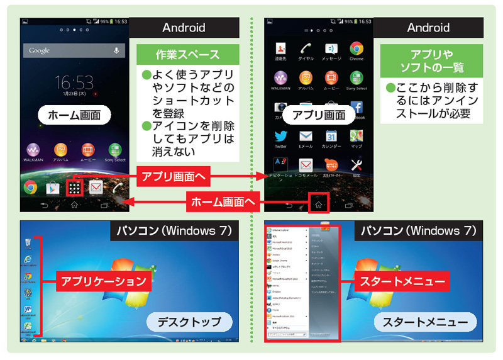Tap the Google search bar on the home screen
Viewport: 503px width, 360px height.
69,50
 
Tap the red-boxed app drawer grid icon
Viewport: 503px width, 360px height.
74,187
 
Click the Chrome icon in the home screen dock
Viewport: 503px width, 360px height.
30,187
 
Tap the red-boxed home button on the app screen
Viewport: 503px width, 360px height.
318,203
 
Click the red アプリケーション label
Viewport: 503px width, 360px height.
104,281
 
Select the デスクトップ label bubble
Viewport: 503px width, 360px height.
188,322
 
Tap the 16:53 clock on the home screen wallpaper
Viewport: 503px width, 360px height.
74,82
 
